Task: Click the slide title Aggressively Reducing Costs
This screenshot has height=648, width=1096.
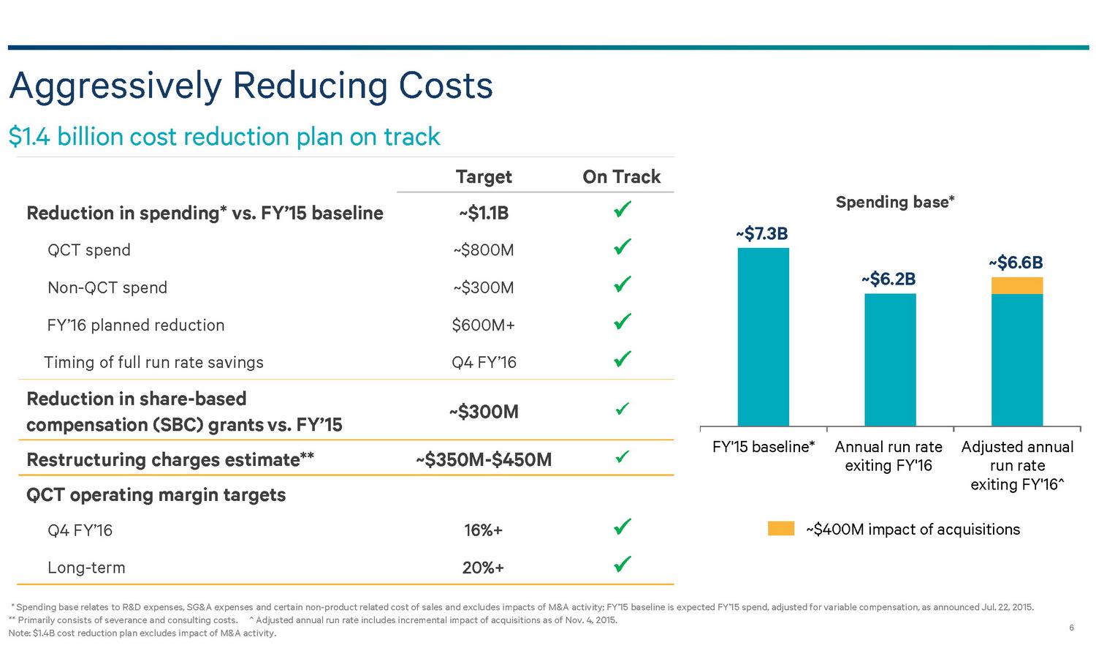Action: click(251, 86)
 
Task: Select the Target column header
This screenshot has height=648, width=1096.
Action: click(484, 177)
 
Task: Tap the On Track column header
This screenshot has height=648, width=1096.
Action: click(621, 177)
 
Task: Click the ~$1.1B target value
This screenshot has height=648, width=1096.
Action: click(484, 213)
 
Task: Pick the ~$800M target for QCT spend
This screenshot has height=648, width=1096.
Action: click(484, 250)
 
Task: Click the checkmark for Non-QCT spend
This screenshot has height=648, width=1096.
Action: click(623, 284)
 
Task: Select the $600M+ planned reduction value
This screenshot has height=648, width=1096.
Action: click(484, 325)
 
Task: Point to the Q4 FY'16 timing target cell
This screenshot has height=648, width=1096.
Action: click(484, 362)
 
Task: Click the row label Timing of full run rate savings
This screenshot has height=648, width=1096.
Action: click(153, 362)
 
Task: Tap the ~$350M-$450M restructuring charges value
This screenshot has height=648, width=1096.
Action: click(484, 459)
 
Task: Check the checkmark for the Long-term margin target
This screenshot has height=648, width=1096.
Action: click(623, 564)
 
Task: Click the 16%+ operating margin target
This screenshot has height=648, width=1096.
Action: click(484, 530)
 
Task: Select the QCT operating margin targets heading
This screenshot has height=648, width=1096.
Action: click(156, 495)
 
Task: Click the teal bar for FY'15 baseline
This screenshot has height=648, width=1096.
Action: click(763, 336)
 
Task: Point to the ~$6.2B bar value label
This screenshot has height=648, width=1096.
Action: click(888, 279)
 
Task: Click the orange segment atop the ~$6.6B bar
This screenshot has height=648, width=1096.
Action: click(1016, 285)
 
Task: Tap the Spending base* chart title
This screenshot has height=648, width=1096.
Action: click(895, 202)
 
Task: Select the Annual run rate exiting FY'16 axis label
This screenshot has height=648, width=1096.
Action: click(888, 456)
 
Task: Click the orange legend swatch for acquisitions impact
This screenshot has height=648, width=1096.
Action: click(780, 529)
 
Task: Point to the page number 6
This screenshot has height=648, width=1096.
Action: click(1071, 628)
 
